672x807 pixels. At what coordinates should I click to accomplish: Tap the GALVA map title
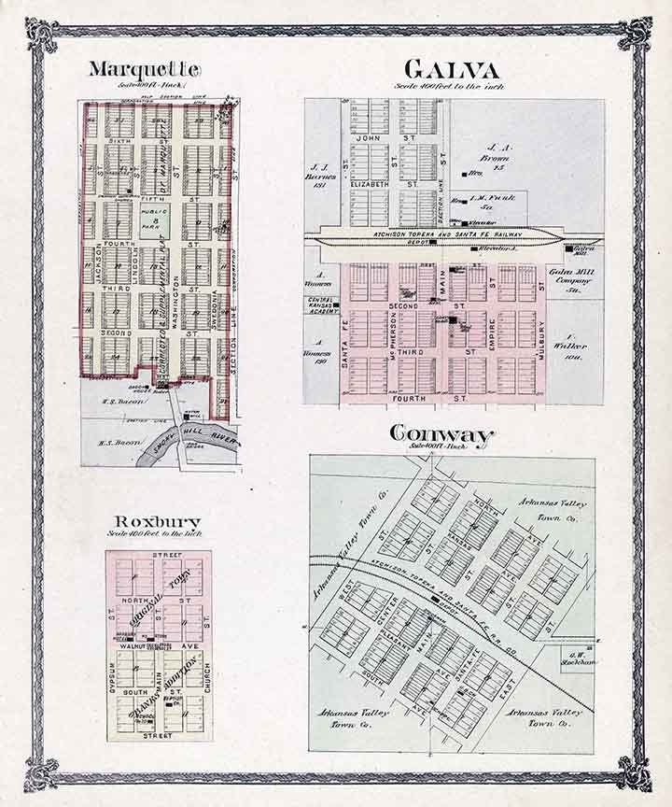(451, 70)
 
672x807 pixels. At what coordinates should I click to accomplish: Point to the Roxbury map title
(157, 521)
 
